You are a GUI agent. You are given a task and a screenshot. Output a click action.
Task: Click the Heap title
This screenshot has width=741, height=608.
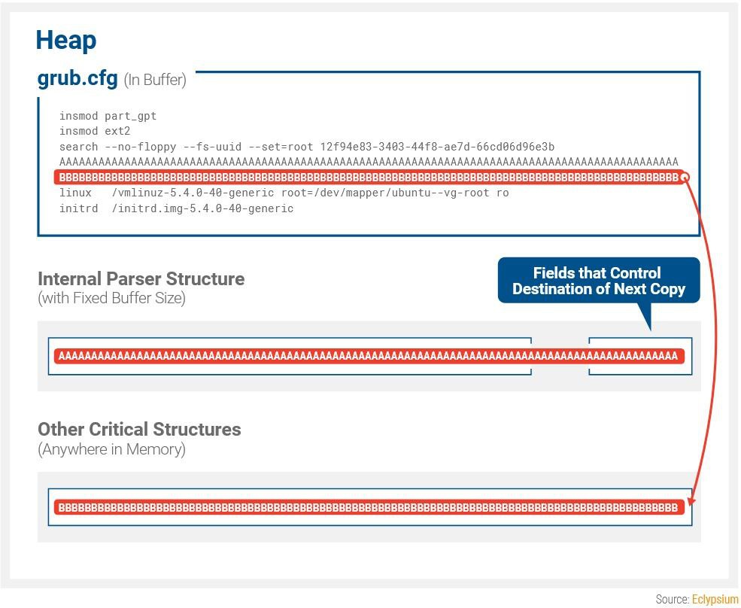tap(66, 41)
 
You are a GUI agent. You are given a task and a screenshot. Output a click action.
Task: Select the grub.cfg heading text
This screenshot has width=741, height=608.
tap(77, 78)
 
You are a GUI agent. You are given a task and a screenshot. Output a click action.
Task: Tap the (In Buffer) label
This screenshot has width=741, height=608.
tap(155, 80)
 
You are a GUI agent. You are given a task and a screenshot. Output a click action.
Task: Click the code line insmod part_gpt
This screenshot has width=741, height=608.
tap(108, 116)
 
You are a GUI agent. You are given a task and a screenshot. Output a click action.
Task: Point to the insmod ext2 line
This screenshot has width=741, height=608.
tap(95, 131)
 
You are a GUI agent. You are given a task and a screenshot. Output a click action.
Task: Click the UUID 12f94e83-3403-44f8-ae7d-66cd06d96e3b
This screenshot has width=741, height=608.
tap(437, 147)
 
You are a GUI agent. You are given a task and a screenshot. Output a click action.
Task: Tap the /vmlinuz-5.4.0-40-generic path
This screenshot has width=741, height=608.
tap(193, 193)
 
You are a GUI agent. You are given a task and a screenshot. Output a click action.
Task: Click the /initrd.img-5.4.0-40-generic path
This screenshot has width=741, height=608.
tap(202, 208)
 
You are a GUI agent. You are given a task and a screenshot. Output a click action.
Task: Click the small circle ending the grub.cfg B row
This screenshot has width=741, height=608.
tap(685, 178)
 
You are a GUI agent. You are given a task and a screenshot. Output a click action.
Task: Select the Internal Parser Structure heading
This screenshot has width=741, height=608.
tap(141, 279)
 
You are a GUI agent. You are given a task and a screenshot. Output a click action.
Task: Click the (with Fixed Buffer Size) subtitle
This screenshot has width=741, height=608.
tap(111, 298)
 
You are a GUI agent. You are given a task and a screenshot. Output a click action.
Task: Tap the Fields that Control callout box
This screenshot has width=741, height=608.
tap(599, 281)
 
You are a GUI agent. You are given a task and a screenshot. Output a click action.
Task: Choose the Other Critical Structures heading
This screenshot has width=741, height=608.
tap(139, 430)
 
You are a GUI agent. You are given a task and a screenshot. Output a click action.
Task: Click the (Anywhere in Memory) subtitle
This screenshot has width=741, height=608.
tap(111, 449)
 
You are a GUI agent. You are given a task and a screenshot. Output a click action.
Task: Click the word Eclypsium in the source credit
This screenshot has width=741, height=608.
tap(715, 600)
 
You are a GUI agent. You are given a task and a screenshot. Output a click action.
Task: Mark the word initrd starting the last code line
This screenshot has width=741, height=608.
tap(78, 208)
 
